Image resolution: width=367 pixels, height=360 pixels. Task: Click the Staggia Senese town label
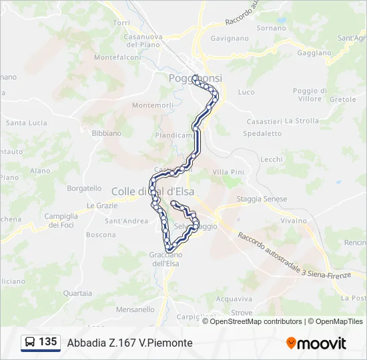(262, 199)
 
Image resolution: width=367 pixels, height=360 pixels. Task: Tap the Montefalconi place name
(117, 57)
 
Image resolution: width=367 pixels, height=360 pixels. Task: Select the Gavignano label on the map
(230, 39)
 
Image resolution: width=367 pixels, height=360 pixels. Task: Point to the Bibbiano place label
(107, 133)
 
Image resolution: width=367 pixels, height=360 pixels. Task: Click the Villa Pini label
(228, 172)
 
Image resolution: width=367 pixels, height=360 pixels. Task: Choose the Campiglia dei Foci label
(61, 221)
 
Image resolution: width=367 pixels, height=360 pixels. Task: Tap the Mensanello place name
(135, 309)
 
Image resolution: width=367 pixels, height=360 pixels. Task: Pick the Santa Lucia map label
(27, 123)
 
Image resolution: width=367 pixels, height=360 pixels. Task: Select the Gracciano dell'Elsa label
(165, 259)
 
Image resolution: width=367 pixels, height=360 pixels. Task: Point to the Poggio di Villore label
(310, 95)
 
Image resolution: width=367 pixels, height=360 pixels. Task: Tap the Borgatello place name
(84, 189)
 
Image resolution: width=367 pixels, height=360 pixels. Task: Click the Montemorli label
(153, 105)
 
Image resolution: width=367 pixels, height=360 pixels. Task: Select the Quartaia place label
(77, 293)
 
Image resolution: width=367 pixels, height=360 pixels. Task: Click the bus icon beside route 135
(30, 343)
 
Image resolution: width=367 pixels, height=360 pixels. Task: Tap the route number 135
(48, 342)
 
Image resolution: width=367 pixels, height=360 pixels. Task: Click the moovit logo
(316, 343)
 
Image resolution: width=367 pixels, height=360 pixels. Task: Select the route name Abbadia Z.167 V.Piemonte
(129, 343)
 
